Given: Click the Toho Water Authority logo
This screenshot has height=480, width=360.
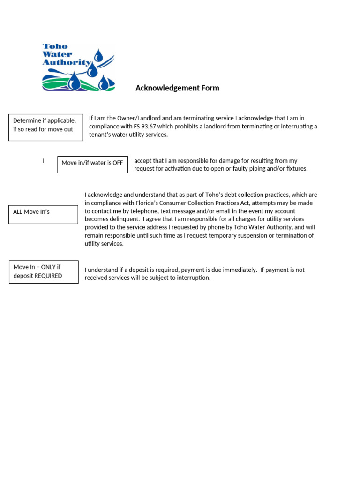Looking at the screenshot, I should coord(78,67).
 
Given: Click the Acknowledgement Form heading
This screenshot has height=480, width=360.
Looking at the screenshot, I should coord(177,88).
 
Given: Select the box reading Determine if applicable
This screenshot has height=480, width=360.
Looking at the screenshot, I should coord(45,127).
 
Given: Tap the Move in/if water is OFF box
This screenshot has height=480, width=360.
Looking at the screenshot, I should coord(92,164).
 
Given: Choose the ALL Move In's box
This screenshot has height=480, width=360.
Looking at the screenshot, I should coord(43,214).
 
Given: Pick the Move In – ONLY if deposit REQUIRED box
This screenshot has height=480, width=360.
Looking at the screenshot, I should coord(44,272).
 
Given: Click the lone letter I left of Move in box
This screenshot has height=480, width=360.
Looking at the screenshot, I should coord(43,161).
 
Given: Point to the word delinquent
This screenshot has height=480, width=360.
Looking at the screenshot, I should coord(124,219).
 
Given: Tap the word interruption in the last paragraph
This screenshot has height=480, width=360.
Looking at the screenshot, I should coord(193,278).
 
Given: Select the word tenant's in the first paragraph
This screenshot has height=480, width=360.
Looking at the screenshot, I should coord(102,135).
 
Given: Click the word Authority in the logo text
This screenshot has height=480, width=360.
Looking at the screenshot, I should coord(66,62).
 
